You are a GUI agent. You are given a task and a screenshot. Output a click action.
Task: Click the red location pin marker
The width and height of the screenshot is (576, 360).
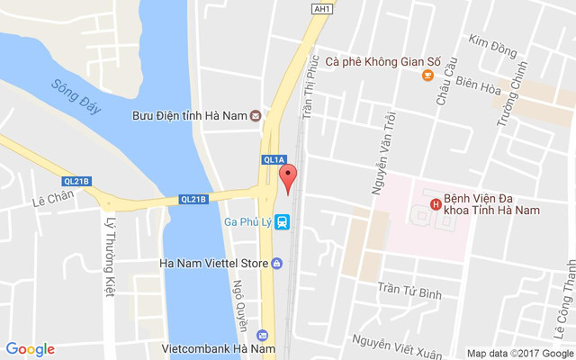click(x=288, y=177)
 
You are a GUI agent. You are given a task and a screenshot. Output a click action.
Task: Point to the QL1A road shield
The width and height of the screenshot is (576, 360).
click(x=274, y=159)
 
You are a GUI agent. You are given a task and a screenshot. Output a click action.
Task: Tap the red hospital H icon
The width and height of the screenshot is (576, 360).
click(x=436, y=203)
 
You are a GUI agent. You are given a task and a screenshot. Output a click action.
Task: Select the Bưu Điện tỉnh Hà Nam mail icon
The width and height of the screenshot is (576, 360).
click(x=256, y=115)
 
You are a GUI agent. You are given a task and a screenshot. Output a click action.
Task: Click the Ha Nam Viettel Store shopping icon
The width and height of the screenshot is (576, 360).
click(x=275, y=264)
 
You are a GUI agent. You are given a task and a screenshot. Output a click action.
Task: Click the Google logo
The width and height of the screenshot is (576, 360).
click(x=30, y=349)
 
